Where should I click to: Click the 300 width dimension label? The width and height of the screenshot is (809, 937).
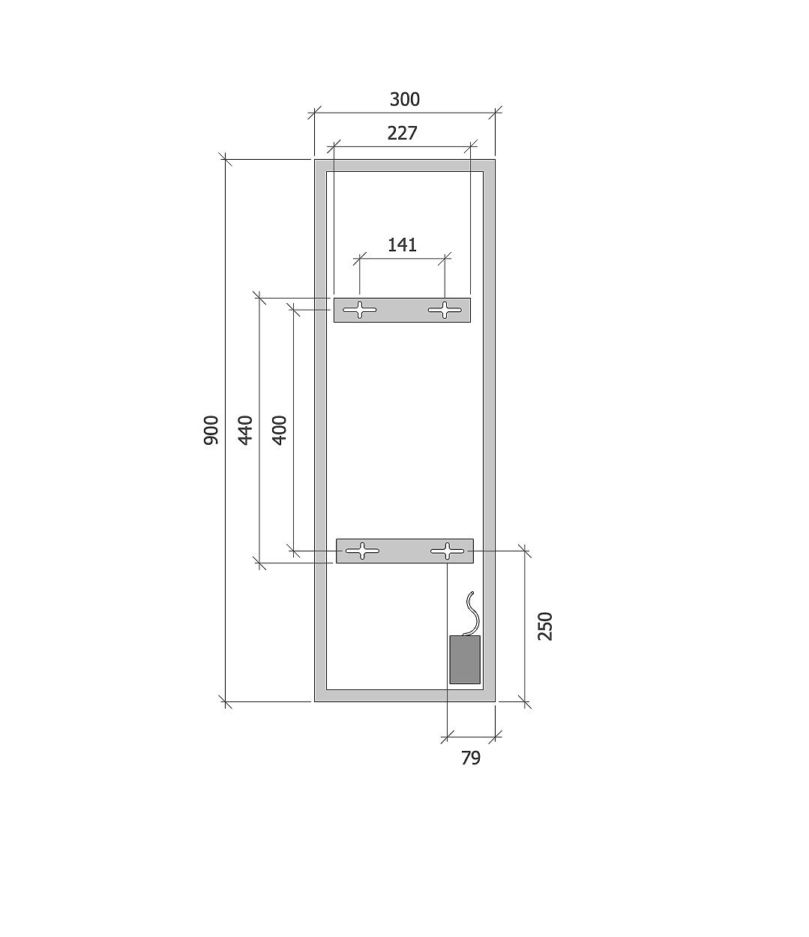405,99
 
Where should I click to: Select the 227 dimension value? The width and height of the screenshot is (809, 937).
402,134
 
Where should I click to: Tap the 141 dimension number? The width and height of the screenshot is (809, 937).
402,245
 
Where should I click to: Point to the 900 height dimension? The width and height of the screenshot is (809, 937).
211,430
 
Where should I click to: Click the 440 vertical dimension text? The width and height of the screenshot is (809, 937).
245,430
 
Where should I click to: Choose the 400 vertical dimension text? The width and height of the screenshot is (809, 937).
280,430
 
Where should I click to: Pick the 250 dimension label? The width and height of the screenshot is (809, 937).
545,626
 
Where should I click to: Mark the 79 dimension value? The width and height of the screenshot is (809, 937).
471,758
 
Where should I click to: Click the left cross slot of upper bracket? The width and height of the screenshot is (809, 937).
360,310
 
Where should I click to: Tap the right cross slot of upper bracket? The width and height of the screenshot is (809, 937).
445,310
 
